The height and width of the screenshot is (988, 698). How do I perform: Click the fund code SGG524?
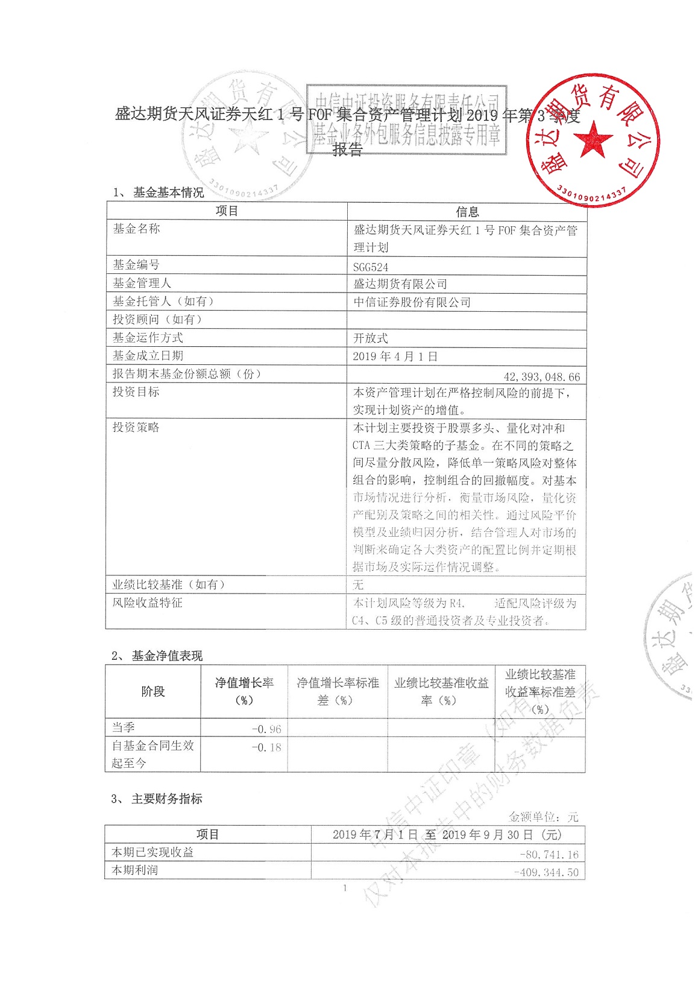[x=371, y=267]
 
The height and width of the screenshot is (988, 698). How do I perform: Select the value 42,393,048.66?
[x=541, y=377]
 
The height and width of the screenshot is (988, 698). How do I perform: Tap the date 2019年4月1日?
[x=395, y=356]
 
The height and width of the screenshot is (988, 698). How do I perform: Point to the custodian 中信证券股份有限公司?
[x=412, y=302]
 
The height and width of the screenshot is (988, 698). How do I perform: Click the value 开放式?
[x=371, y=338]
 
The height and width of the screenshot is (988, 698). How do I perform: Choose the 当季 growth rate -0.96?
[x=266, y=729]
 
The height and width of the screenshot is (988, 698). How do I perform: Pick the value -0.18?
[x=266, y=747]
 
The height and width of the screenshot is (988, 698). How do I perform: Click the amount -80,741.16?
[x=549, y=854]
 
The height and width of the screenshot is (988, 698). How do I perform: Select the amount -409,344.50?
[x=546, y=872]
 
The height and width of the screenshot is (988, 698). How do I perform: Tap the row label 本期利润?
[x=135, y=870]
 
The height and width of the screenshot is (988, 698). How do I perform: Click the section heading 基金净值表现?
[x=167, y=656]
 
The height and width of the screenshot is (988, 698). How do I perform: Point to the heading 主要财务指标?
[x=167, y=799]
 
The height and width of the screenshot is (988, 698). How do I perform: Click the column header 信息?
[x=467, y=212]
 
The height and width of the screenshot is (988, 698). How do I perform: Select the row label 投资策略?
[x=136, y=427]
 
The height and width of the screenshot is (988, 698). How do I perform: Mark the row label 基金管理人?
[x=142, y=283]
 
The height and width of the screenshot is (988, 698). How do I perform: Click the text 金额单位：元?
[x=543, y=817]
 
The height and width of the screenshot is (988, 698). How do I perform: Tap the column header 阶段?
[x=153, y=691]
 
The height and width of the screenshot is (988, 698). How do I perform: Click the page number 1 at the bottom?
[x=345, y=888]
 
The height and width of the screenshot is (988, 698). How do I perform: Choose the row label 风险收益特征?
[x=148, y=603]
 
